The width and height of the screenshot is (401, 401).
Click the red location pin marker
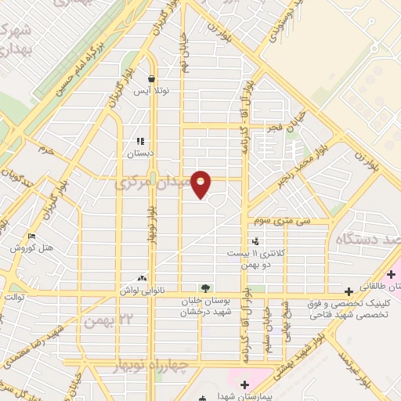[201, 183]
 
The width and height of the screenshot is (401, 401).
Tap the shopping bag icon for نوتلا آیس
[152, 79]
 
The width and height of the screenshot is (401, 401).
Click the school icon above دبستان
[140, 142]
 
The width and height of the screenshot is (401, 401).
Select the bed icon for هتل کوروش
[31, 236]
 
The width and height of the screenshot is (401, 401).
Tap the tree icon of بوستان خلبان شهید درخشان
[205, 288]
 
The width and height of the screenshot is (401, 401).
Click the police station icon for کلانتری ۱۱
[255, 241]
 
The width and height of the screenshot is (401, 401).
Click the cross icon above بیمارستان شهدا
[245, 384]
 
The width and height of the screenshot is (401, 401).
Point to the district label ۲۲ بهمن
[109, 321]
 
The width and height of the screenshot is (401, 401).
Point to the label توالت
[14, 298]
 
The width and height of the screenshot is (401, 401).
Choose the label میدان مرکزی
[154, 184]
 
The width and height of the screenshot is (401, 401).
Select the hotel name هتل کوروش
[31, 247]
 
